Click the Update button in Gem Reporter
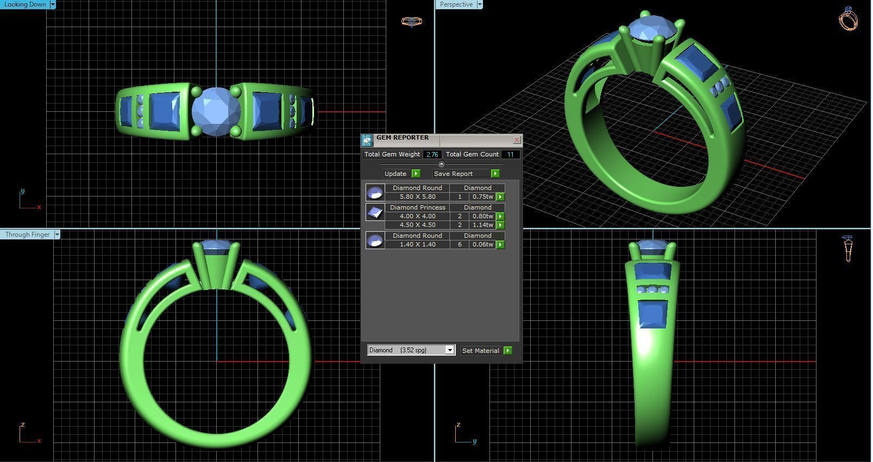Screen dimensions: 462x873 point(395,174)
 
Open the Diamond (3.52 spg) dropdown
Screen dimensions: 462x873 point(449,350)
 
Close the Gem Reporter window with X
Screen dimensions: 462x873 point(517,140)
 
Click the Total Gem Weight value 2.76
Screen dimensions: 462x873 point(432,155)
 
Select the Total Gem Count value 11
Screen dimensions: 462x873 point(510,155)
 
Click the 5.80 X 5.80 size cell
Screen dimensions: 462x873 point(417,197)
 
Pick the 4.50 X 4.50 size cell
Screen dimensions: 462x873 point(417,225)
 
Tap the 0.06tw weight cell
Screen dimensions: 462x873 point(482,245)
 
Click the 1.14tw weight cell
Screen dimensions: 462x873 point(482,225)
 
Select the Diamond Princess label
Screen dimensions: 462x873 point(417,207)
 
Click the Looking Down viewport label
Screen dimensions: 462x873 point(25,4)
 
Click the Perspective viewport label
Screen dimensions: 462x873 point(456,4)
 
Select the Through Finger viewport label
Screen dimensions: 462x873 point(27,235)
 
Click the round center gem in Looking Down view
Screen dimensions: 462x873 point(216,111)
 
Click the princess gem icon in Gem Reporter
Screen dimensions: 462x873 point(375,212)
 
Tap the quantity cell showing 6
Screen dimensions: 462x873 point(460,245)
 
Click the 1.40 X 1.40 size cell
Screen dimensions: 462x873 point(417,245)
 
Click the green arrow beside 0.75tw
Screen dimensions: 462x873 point(500,197)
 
